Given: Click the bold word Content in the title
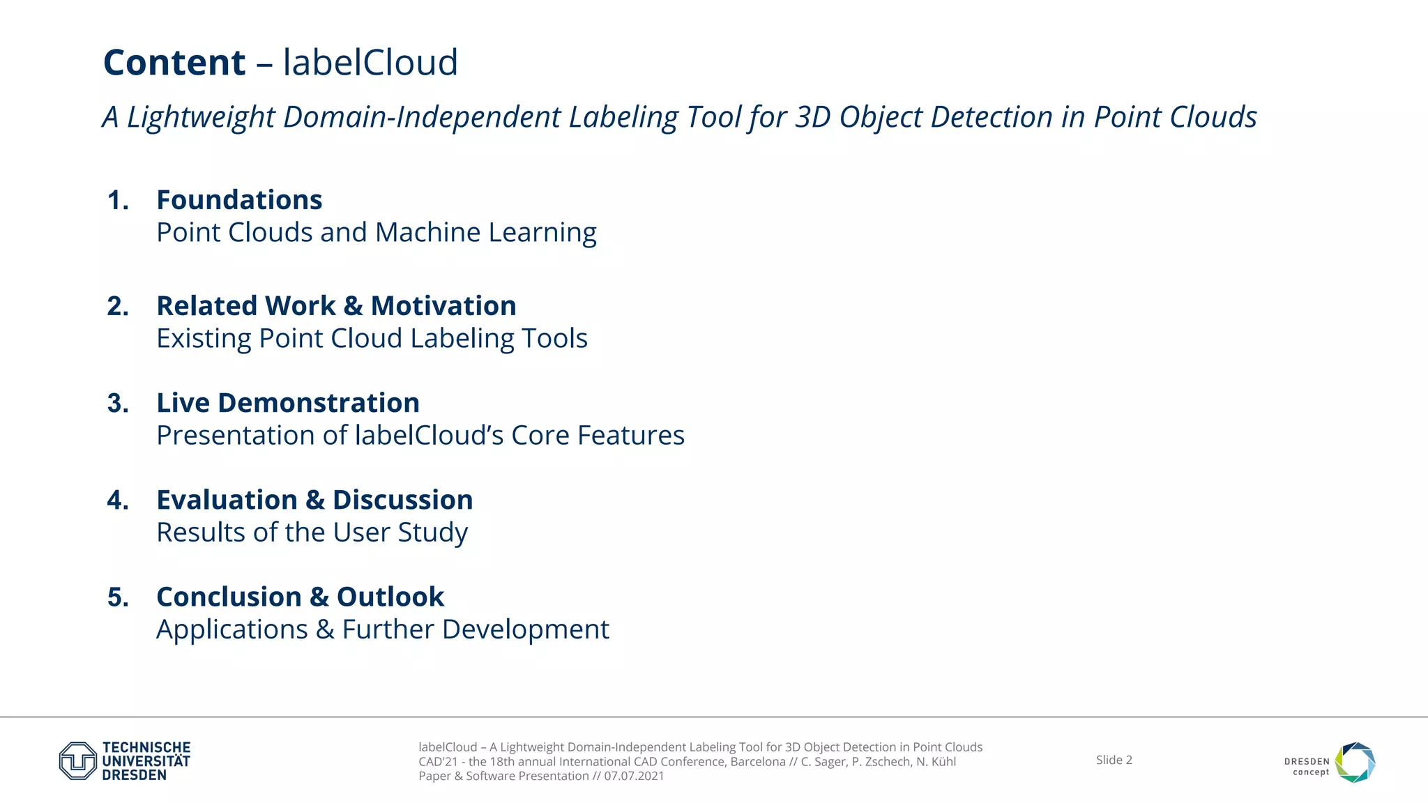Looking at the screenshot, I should click(x=174, y=63).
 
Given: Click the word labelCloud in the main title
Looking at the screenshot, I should click(x=370, y=63).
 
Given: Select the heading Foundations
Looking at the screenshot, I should click(x=239, y=200).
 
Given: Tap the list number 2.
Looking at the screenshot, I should click(x=118, y=306).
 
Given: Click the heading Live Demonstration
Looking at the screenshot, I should click(x=288, y=403).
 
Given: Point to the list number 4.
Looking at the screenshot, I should click(x=118, y=500).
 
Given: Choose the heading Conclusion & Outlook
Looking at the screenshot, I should click(x=300, y=597).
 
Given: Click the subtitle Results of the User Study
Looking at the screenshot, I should click(x=312, y=533).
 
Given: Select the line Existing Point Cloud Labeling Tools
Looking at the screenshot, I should click(x=372, y=339).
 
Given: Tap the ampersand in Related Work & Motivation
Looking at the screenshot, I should click(x=353, y=306).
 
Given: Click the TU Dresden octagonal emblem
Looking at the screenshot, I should click(x=77, y=760).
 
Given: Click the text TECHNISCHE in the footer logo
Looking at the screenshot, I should click(x=146, y=747).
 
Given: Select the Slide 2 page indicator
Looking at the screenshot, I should click(x=1114, y=760).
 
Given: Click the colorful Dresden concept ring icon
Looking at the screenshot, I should click(x=1355, y=762).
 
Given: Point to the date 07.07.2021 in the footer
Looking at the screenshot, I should click(x=634, y=776).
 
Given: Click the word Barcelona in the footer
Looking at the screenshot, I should click(x=757, y=761).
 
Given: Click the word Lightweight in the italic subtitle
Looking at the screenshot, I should click(x=202, y=117).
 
